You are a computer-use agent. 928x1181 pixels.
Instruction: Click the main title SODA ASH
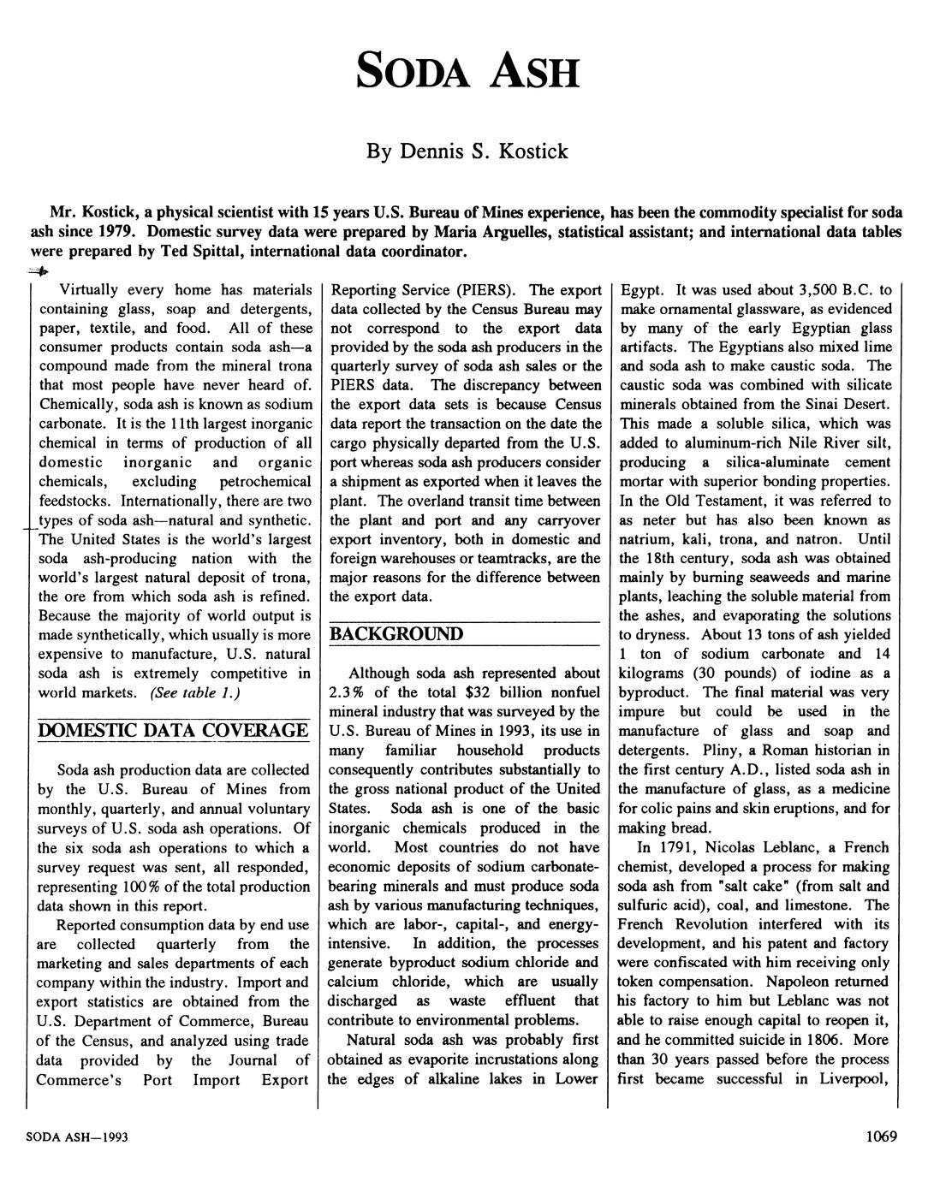pyautogui.click(x=467, y=71)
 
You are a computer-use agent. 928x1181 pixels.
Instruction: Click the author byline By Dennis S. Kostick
pyautogui.click(x=467, y=151)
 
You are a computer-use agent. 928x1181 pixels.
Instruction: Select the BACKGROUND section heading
pyautogui.click(x=396, y=634)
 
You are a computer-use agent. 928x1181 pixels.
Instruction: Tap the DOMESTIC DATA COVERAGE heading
pyautogui.click(x=170, y=730)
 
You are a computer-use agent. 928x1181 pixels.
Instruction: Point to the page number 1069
pyautogui.click(x=881, y=1136)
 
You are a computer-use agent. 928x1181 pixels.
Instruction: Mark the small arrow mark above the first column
pyautogui.click(x=38, y=271)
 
